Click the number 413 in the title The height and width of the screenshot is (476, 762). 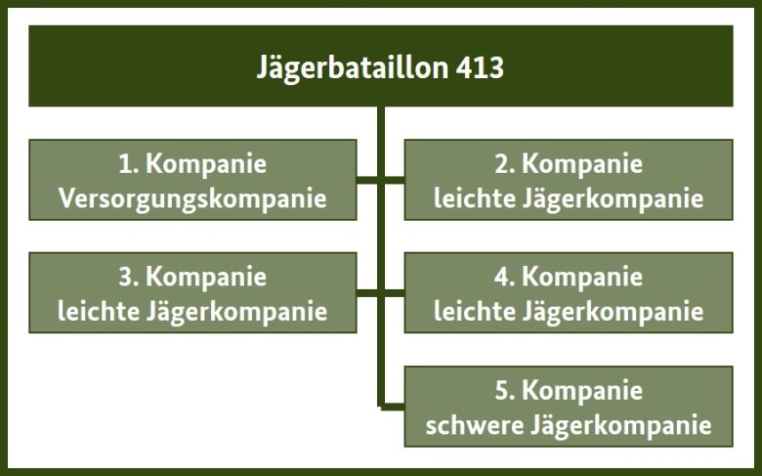click(x=480, y=67)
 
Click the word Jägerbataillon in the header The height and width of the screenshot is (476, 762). click(x=353, y=68)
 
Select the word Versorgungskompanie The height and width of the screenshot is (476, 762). click(x=192, y=199)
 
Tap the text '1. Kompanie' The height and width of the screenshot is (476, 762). click(x=192, y=164)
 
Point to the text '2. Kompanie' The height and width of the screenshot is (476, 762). click(x=569, y=164)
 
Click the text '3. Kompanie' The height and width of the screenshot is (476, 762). click(x=192, y=278)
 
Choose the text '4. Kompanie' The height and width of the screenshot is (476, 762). click(x=569, y=278)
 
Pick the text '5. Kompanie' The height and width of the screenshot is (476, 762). click(x=569, y=390)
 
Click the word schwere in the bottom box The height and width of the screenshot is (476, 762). click(x=475, y=425)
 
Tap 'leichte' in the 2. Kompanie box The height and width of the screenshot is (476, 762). click(x=475, y=198)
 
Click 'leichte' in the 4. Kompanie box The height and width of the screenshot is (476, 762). click(x=475, y=312)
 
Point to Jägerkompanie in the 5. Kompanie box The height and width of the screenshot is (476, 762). click(x=621, y=426)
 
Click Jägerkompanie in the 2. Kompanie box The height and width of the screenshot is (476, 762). click(x=614, y=199)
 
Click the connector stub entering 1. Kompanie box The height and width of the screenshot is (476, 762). click(x=367, y=180)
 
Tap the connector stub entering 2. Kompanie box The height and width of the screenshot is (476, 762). click(x=394, y=180)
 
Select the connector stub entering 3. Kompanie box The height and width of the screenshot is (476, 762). click(x=367, y=292)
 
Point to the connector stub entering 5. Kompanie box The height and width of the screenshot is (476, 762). click(x=394, y=407)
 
